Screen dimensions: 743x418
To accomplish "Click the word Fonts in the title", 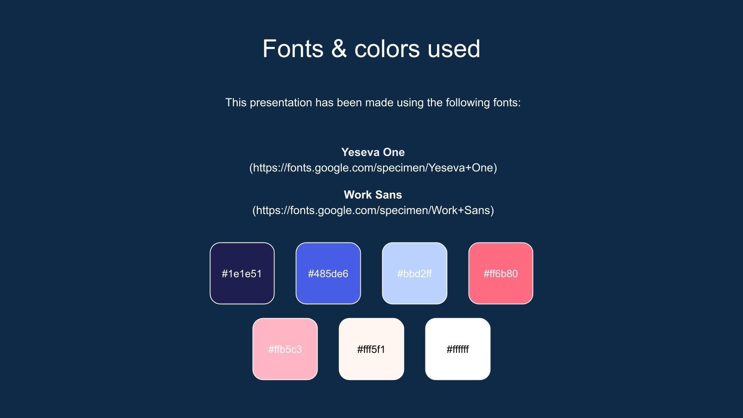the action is coord(293,49).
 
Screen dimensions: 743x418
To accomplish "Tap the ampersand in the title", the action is coord(339,49).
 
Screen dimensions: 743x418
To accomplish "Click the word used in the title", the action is coord(454,49).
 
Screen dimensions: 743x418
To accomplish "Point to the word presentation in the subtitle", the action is coord(280,103).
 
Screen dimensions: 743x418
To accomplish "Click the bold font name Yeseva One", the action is coord(373,152).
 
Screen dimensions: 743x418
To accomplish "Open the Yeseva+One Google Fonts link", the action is coord(373,168).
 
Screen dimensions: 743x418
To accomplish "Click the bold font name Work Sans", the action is coord(373,195).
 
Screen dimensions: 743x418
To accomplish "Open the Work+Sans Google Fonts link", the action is coord(373,210).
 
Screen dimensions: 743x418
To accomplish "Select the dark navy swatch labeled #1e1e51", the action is coord(242,274).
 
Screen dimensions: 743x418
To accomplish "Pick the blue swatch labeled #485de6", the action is coord(328,274).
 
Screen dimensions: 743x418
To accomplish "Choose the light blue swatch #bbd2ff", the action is coord(415,274).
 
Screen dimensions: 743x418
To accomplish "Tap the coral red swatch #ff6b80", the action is coord(501,274).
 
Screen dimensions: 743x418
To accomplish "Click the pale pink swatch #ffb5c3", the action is coord(285,349).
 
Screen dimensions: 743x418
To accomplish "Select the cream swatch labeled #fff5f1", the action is coord(371,349).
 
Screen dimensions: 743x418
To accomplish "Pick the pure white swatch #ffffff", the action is coord(458,349).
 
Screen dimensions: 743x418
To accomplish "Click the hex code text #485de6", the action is coord(328,274).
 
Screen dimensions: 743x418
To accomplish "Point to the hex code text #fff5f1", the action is coord(371,349).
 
